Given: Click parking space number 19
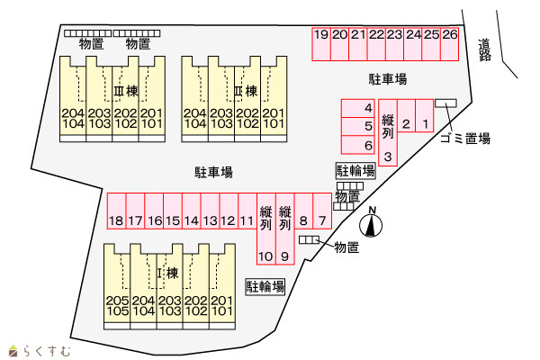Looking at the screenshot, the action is coord(321,44).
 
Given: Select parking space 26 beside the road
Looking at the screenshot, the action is coord(449,44).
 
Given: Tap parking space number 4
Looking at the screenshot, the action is coord(358,108).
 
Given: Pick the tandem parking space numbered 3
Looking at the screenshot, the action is coord(388,132).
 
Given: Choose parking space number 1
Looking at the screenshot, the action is coord(424,116).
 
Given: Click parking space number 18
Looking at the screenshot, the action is coord(116,211).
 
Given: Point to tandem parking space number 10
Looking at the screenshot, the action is coord(266,229).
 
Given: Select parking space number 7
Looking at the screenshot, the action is coord(322,211).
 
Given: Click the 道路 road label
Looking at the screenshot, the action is coord(484,50).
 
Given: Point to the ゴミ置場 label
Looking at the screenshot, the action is coord(465,139).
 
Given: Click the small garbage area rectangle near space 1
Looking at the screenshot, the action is coord(446,103).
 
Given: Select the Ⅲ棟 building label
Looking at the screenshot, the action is coord(126,91).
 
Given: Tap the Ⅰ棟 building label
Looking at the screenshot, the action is coord(167,274).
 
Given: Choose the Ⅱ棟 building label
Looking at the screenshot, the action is coord(246,91).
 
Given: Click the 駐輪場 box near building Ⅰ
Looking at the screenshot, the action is coord(265,286).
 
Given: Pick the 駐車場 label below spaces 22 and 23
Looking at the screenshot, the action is coord(388,79).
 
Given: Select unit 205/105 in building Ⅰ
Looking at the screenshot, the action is coord(117,286).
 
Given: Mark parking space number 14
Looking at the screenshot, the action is coord(191,211).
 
